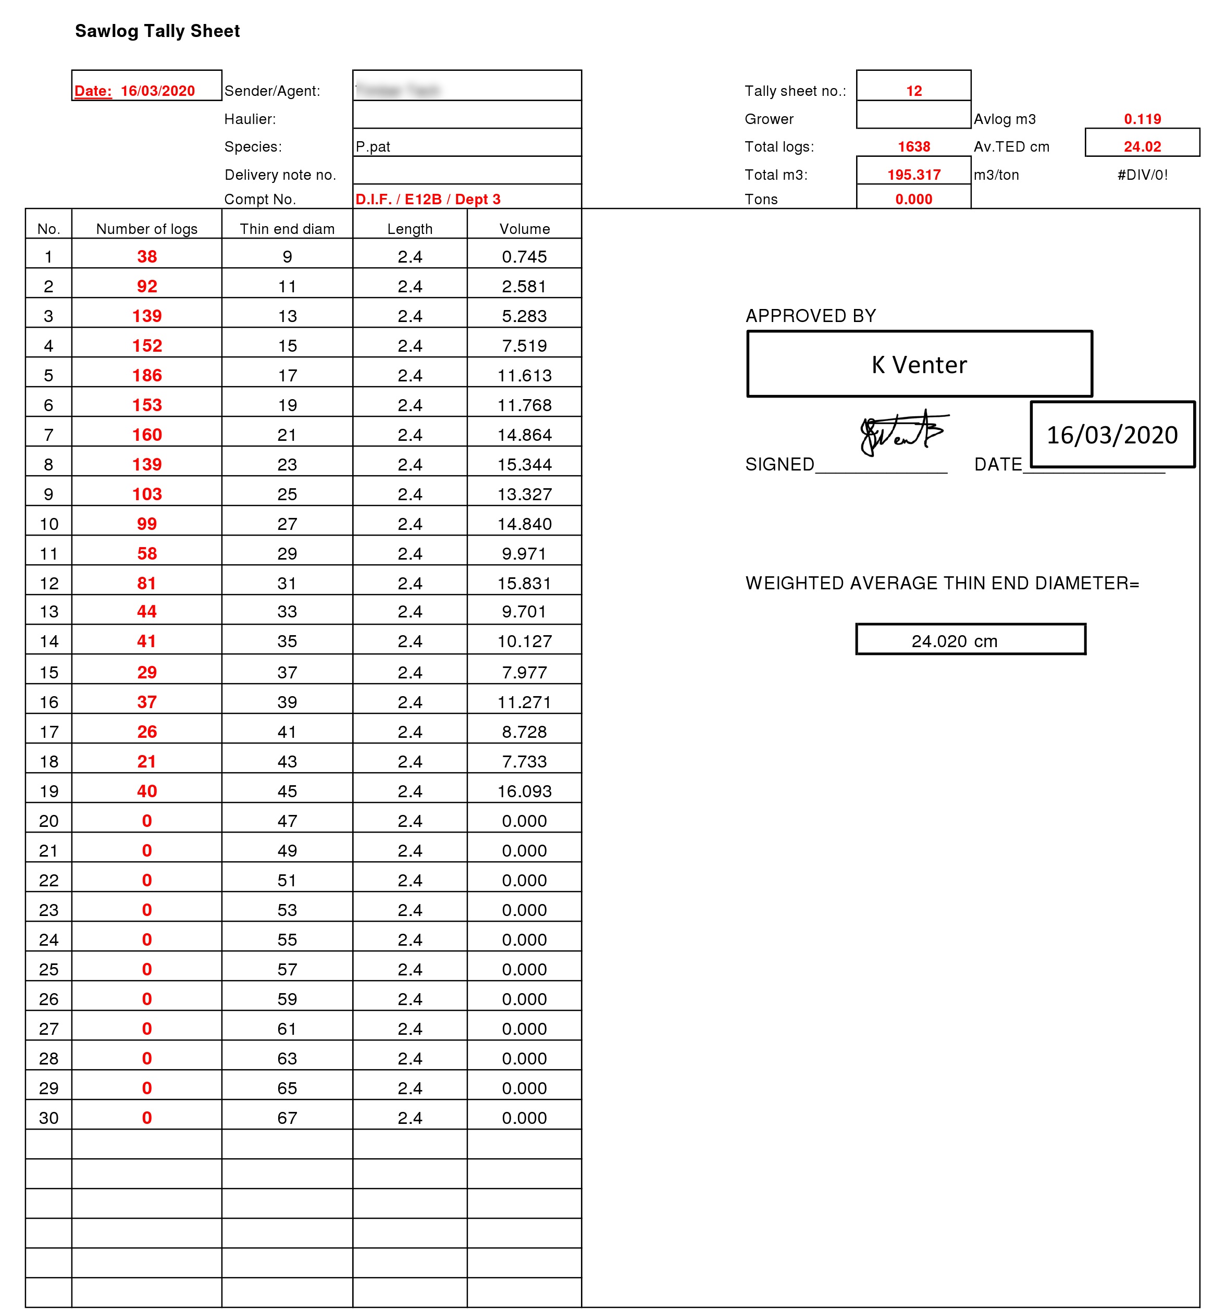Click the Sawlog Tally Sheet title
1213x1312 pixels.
[157, 31]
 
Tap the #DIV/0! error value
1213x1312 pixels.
[1142, 175]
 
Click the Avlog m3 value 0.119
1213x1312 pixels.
[1142, 119]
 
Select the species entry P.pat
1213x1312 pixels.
[373, 146]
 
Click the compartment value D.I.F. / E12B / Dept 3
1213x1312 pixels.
[427, 199]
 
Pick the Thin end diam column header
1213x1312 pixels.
[287, 228]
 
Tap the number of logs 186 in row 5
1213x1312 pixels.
[146, 376]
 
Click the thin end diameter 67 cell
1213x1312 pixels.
[287, 1117]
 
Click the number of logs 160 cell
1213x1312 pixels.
[146, 435]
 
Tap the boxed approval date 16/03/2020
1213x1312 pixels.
[1111, 435]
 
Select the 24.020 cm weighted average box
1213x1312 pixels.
[970, 640]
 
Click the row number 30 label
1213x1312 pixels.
[48, 1117]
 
